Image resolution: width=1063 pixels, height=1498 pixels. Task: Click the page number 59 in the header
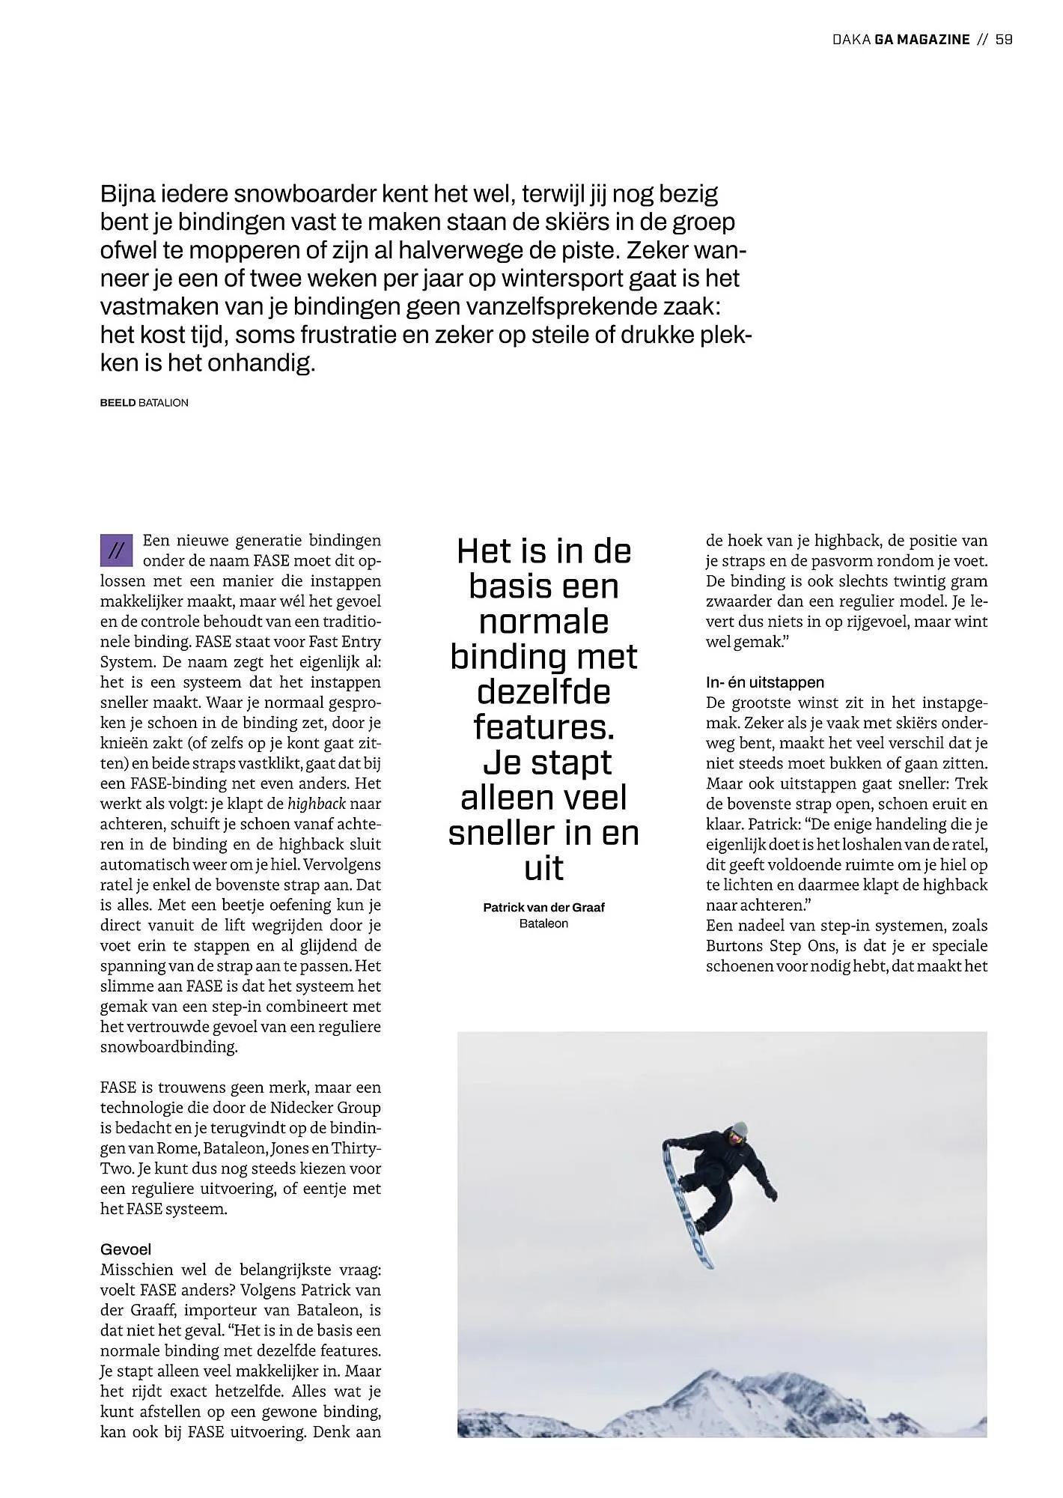[x=1004, y=40]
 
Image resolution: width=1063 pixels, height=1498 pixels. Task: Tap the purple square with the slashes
[x=116, y=551]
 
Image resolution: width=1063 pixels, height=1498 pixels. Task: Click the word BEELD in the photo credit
[x=118, y=403]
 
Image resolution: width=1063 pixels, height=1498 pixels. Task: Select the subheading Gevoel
[x=126, y=1249]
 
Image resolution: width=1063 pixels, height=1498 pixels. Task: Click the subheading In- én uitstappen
[x=764, y=682]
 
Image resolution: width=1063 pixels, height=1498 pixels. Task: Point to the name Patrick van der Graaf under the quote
[x=543, y=908]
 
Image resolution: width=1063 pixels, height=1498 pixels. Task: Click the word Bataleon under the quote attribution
[x=543, y=924]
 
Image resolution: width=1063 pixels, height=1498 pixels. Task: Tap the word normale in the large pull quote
[x=543, y=622]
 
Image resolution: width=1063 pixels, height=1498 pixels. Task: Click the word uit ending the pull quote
[x=543, y=869]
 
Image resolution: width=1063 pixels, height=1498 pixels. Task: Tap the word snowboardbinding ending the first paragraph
[x=168, y=1047]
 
